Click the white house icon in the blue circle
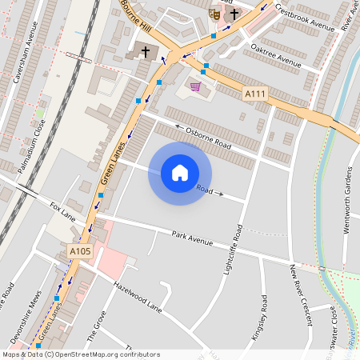pos(180,173)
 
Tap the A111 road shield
pos(255,94)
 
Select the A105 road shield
pos(80,251)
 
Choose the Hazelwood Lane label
pos(138,296)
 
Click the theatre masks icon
pos(214,14)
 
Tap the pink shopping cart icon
pos(195,86)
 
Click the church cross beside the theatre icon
pos(234,14)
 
